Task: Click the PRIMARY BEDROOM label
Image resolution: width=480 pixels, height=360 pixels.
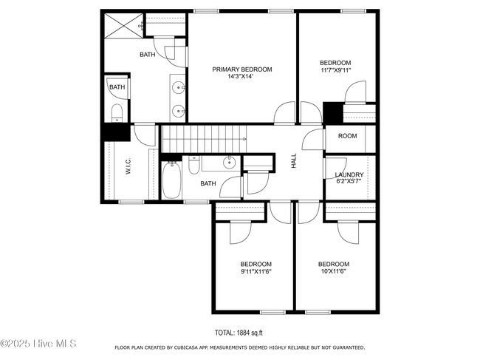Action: point(242,69)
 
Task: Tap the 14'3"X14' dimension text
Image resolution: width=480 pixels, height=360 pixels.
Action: point(240,77)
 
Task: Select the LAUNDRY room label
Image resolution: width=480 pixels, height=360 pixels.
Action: point(349,174)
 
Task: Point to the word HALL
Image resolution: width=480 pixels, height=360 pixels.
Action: point(294,160)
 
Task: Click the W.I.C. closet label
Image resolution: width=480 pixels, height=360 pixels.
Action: point(128,166)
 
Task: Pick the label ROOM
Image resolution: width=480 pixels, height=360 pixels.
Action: point(348,136)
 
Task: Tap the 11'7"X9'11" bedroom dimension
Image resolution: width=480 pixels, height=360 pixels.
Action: point(335,69)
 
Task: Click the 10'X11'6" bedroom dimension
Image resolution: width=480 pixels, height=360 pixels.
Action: point(334,271)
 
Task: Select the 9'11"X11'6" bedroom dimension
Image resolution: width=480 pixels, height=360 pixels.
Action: point(256,271)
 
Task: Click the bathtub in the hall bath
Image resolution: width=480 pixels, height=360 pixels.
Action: point(171,180)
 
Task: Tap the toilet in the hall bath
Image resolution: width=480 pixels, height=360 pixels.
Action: point(193,165)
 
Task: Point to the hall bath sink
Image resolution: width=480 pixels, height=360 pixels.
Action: point(229,163)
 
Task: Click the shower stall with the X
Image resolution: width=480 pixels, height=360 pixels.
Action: point(123,26)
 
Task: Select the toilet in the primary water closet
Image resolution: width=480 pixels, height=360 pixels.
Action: point(117,112)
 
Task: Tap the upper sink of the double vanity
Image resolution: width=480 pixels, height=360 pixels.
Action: point(178,88)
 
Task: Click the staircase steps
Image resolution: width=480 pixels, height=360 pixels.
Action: point(204,138)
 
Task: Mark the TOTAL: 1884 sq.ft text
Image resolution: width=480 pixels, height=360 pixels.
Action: point(239,333)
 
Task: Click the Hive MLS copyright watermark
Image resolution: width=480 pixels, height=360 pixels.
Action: point(38,344)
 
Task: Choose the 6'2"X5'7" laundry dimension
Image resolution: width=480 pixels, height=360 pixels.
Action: point(349,181)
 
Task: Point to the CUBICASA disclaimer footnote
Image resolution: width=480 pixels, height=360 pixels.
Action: point(240,347)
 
